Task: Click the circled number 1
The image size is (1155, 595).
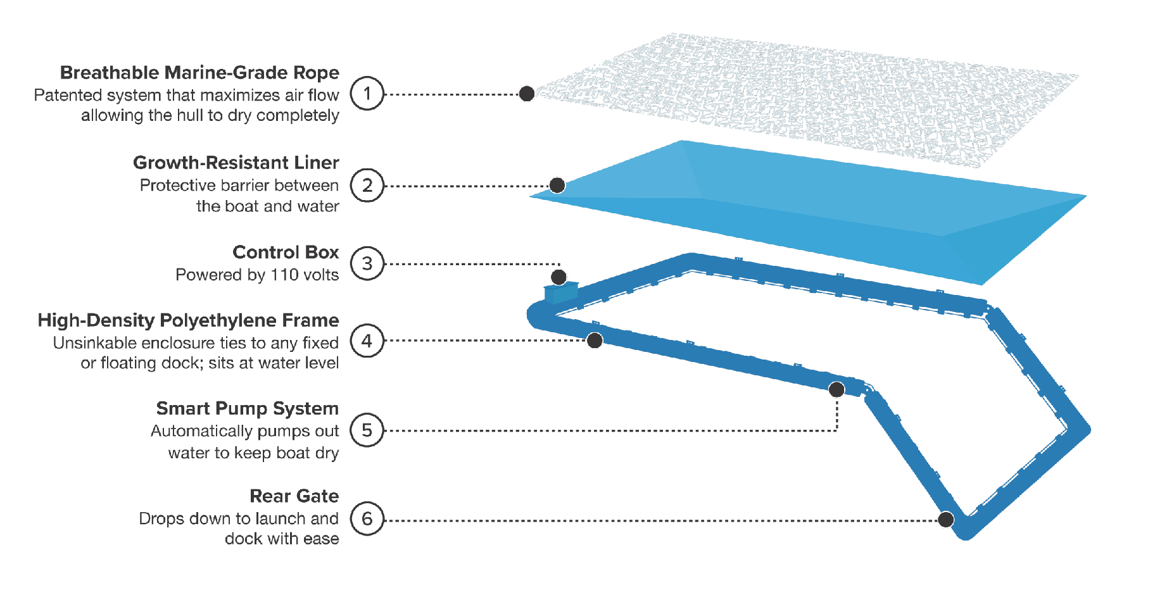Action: coord(367,94)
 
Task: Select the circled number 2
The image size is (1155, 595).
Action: coord(367,185)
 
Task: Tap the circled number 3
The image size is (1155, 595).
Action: coord(367,263)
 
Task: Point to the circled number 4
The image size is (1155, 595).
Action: coord(367,341)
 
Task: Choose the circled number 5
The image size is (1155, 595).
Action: coord(367,430)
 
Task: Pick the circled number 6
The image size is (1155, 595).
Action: coord(367,519)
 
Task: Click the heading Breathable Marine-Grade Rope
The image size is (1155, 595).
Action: coord(199,73)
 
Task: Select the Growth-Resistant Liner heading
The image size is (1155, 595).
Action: coord(236,163)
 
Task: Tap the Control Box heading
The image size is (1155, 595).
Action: coord(286,252)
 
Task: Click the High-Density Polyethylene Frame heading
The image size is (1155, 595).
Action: coord(188,320)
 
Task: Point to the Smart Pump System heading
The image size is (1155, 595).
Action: coord(247,408)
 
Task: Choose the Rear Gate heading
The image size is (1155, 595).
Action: coord(294,496)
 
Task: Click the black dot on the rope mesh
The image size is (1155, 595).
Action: coord(527,94)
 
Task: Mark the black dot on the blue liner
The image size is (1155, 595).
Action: coord(557,185)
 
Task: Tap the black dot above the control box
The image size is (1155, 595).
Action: coord(559,277)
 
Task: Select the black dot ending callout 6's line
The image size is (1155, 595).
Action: coord(946,520)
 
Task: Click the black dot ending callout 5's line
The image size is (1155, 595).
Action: coord(836,389)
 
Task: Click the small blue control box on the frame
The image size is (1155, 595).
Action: coord(560,292)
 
